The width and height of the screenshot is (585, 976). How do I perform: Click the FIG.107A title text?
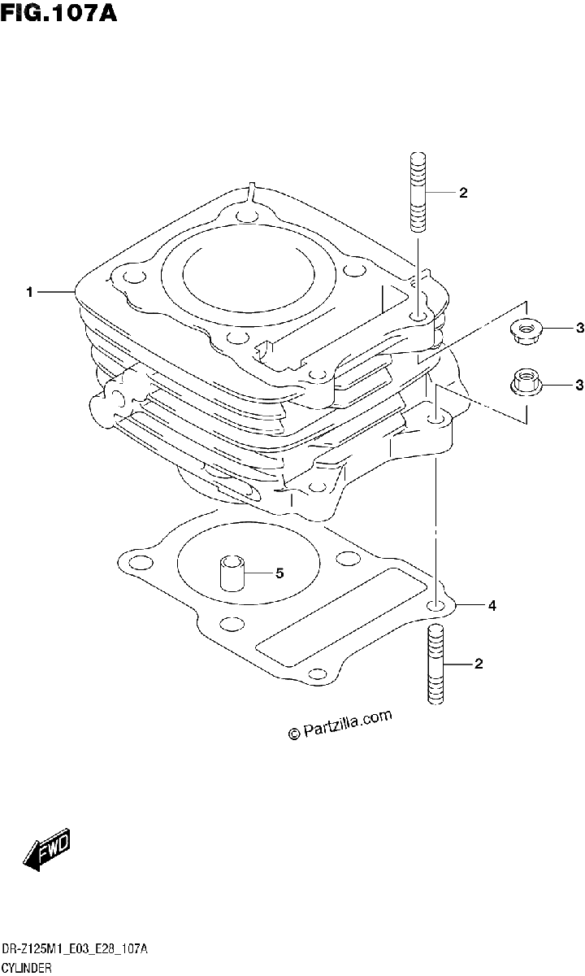pyautogui.click(x=58, y=13)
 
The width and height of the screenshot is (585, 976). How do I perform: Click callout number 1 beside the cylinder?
pyautogui.click(x=29, y=291)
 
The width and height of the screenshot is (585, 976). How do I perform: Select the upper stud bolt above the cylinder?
pyautogui.click(x=418, y=191)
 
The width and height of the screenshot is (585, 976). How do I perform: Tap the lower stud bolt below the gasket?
pyautogui.click(x=435, y=664)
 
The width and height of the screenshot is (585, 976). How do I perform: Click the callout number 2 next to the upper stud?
pyautogui.click(x=463, y=193)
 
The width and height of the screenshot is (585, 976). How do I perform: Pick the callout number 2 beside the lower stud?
pyautogui.click(x=479, y=664)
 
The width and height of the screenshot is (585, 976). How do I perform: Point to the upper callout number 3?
pyautogui.click(x=579, y=328)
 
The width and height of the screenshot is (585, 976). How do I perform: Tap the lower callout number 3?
pyautogui.click(x=579, y=385)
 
